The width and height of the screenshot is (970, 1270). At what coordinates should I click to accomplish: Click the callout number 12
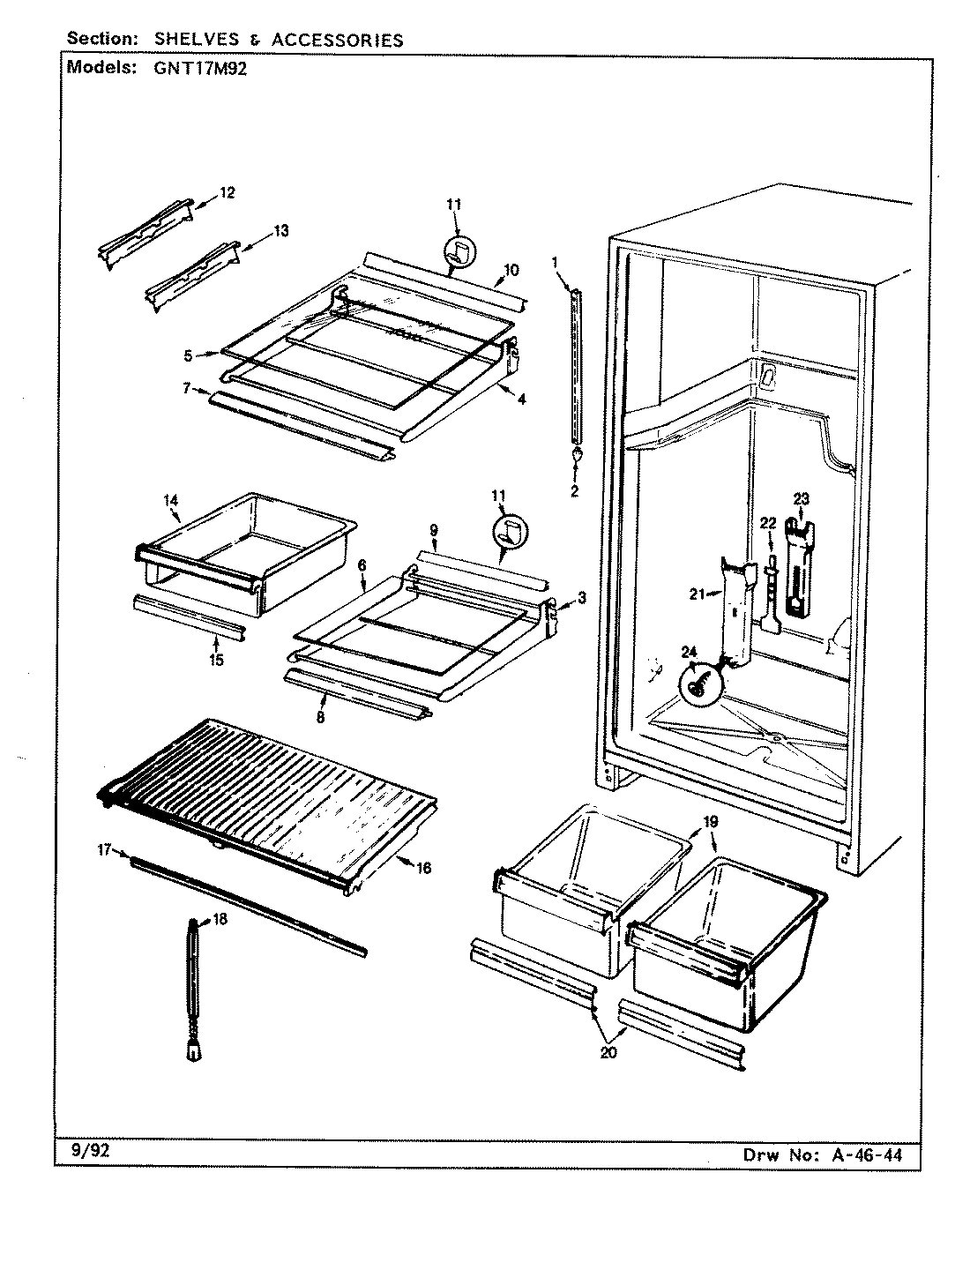pyautogui.click(x=228, y=193)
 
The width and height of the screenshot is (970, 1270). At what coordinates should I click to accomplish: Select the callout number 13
pyautogui.click(x=280, y=231)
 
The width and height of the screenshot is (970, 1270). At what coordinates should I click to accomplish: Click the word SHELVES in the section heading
pyautogui.click(x=190, y=40)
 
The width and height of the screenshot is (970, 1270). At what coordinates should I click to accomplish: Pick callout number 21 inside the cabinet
pyautogui.click(x=698, y=594)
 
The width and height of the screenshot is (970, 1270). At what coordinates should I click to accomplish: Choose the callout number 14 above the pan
pyautogui.click(x=170, y=500)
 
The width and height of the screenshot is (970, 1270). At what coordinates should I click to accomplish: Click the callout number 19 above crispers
pyautogui.click(x=711, y=822)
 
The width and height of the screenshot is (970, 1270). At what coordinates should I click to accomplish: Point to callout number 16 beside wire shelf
pyautogui.click(x=423, y=868)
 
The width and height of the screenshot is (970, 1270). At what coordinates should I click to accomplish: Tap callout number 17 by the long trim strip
pyautogui.click(x=104, y=850)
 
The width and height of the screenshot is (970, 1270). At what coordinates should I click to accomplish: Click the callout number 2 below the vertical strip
pyautogui.click(x=574, y=491)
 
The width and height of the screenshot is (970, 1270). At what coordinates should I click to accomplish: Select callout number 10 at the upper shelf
pyautogui.click(x=511, y=269)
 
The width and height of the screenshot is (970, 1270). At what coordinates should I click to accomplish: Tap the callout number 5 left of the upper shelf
pyautogui.click(x=188, y=356)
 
